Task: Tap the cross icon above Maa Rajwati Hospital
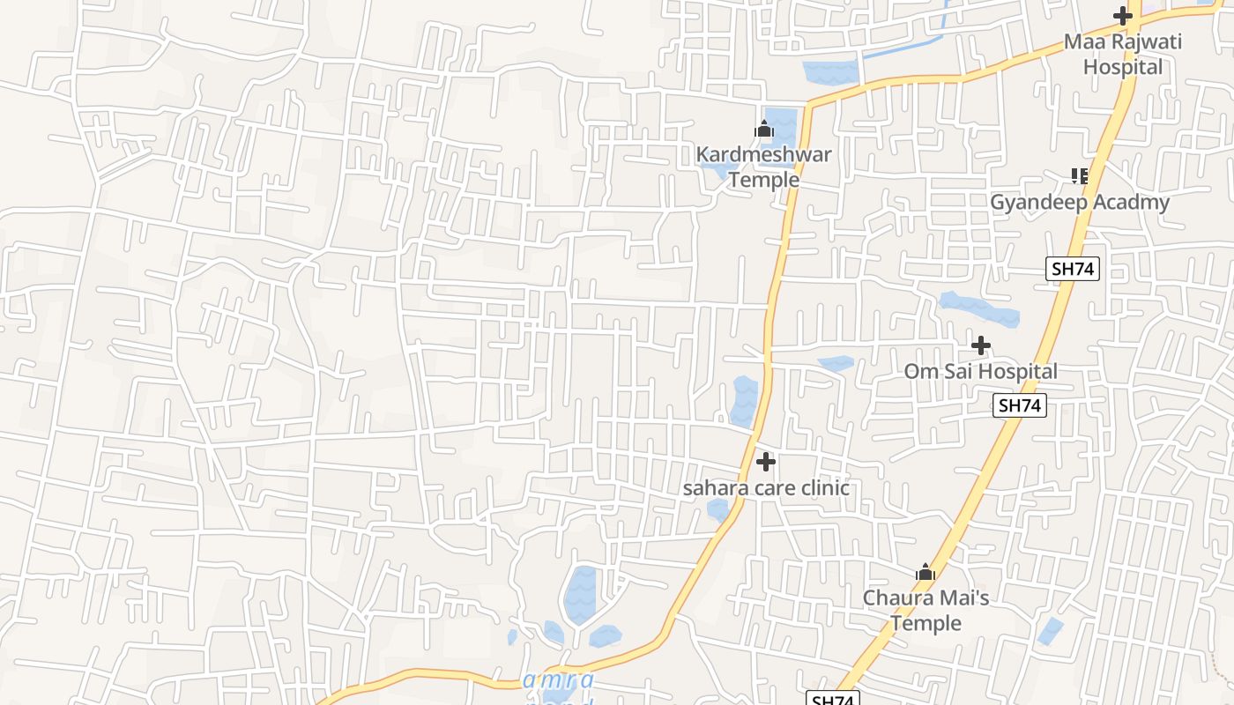point(1122,15)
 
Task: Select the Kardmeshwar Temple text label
point(763,167)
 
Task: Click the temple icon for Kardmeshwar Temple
point(763,130)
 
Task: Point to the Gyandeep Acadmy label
point(1080,203)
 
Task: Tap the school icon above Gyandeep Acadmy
point(1080,175)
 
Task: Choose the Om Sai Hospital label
point(980,371)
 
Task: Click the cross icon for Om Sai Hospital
point(980,345)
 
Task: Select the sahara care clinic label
point(766,488)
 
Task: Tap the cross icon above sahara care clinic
point(766,461)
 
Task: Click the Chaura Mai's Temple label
point(925,610)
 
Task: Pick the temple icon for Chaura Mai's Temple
point(925,573)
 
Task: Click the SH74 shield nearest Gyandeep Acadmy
point(1073,269)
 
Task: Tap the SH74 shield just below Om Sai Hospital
point(1020,405)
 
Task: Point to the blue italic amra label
point(558,680)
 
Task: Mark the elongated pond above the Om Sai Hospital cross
point(978,308)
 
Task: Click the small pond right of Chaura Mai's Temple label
point(1049,631)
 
